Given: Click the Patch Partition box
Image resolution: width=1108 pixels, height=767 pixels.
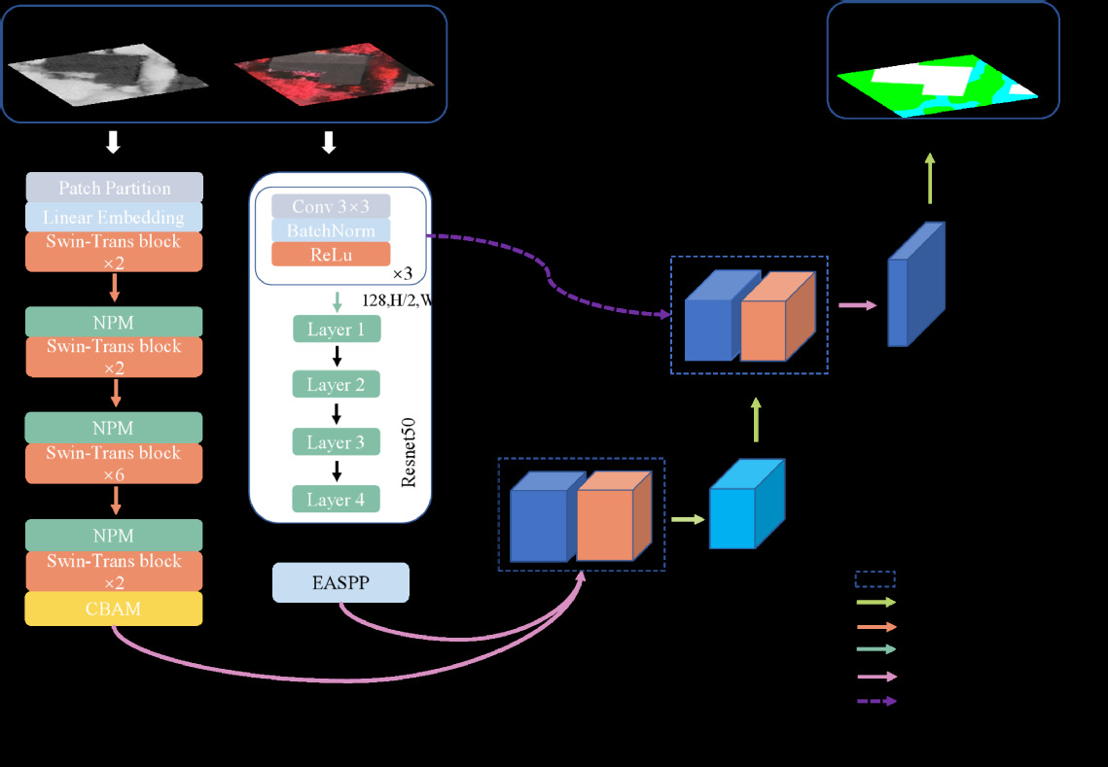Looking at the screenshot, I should tap(114, 188).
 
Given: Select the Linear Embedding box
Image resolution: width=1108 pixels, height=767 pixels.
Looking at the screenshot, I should tap(114, 217).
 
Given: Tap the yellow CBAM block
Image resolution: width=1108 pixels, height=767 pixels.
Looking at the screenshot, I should tap(114, 609).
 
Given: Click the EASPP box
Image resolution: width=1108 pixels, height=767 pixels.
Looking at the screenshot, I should tap(340, 582).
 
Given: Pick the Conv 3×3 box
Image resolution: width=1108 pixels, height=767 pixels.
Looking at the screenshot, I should tap(331, 206).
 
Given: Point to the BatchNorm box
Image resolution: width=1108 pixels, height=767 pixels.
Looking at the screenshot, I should tap(331, 230).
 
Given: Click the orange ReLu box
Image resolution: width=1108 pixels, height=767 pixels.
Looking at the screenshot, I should tap(331, 254).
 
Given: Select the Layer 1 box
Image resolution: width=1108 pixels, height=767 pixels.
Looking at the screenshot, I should tap(336, 329).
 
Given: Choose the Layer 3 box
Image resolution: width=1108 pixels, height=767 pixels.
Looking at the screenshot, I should tap(336, 442).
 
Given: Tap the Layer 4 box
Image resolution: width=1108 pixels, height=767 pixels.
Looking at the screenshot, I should tap(336, 500).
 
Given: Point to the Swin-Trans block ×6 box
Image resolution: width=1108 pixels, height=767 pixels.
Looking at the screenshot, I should tap(114, 464).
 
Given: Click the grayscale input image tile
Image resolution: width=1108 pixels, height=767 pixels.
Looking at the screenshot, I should tap(107, 72).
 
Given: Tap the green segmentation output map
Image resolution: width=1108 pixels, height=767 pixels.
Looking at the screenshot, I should tap(934, 86).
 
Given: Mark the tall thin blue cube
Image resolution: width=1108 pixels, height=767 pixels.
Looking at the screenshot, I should tap(914, 285).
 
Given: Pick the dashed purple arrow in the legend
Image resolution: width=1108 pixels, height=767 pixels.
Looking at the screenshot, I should tap(876, 701).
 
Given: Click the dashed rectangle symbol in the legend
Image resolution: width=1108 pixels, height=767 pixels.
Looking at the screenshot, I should tap(875, 580).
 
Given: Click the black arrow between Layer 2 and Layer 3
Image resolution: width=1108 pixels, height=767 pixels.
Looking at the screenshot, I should tap(337, 414).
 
